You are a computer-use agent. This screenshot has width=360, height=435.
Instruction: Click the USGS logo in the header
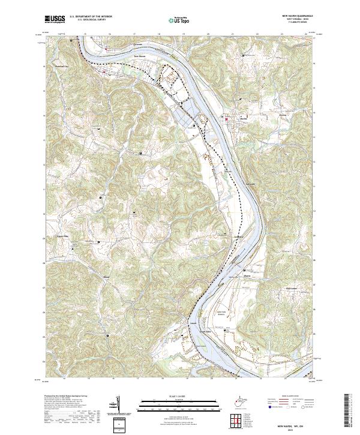[x=55, y=19]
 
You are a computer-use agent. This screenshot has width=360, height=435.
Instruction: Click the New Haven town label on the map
[x=140, y=58]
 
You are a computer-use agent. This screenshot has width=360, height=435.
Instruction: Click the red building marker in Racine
[x=226, y=119]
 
